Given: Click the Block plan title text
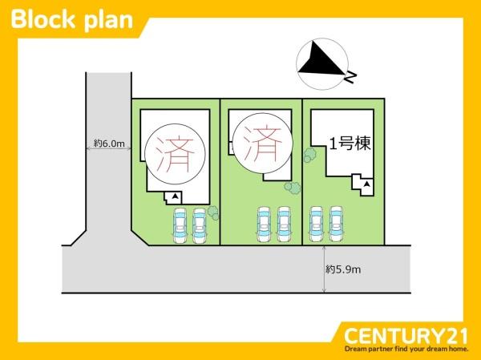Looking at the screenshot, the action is coord(72,20).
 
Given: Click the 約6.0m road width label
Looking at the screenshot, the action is coord(109,144).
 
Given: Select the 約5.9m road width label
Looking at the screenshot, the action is coord(343,269).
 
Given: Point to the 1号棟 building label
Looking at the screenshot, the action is coord(350,144).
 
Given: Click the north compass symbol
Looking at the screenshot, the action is coord(322,64).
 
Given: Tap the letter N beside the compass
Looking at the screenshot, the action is coord(350,77).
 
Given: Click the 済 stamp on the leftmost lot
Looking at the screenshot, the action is coord(175,154).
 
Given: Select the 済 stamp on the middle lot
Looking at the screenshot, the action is coord(263,144).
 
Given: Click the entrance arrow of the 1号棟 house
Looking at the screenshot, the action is coord(366,184).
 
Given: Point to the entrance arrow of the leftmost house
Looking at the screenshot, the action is coord(175,196).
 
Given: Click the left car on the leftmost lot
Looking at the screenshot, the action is coord(180,225).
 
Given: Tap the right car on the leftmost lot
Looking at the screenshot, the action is coord(200,226).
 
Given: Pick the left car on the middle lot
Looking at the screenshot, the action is coord(264,224).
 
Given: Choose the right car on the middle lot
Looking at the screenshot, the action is coord(284,224).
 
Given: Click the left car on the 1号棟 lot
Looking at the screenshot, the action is coord(317,224).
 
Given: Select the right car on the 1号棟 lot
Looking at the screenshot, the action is coord(336,224).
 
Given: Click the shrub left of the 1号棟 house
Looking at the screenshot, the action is coord(309,155).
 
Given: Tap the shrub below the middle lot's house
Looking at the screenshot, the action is coord(293,188).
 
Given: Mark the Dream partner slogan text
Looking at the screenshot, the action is coord(406,349).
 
